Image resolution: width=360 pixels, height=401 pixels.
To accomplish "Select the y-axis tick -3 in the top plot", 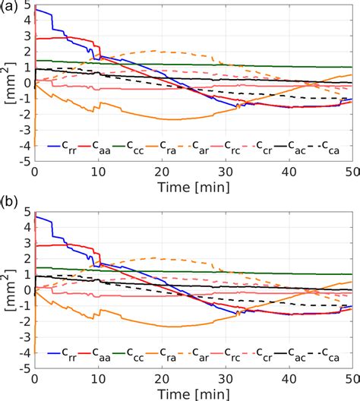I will coord(24,130).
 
